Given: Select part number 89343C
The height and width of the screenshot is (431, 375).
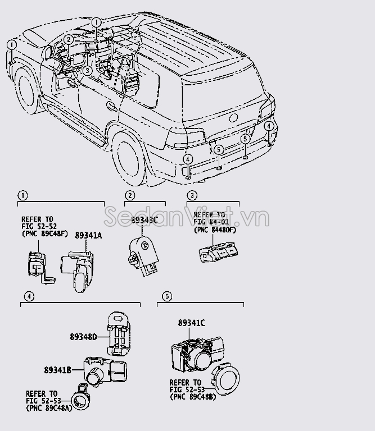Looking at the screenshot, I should click(x=144, y=221).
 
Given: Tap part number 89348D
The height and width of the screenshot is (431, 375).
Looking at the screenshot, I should click(x=84, y=337).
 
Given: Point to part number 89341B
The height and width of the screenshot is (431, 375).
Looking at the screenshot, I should click(x=57, y=370).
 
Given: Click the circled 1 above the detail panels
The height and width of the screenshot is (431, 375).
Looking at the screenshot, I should click(x=22, y=196).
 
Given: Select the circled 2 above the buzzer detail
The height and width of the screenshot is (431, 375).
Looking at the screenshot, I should click(x=130, y=196).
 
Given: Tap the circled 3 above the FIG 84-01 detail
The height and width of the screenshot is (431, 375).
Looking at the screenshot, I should click(x=192, y=196).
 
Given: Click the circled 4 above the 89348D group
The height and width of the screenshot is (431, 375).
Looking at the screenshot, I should click(x=26, y=296).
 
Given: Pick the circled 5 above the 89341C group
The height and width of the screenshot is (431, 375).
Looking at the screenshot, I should click(x=166, y=296).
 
